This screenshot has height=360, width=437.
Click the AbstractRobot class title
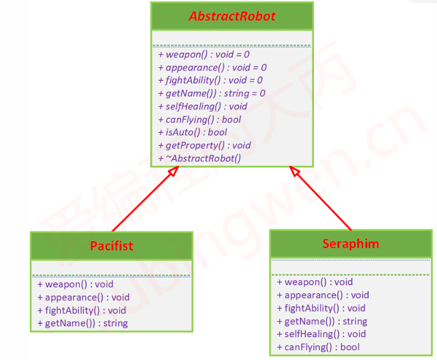232,16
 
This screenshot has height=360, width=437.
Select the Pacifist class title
111,246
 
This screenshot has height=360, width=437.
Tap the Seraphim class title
351,243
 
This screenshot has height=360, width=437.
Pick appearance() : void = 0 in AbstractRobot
213,67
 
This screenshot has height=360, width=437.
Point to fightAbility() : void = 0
210,80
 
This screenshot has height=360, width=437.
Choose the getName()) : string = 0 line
212,93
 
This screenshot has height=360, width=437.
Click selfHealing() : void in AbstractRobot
203,106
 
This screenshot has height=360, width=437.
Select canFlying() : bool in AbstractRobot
200,119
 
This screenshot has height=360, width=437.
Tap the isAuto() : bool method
192,132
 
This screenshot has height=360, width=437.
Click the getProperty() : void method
204,145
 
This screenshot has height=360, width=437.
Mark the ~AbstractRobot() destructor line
200,158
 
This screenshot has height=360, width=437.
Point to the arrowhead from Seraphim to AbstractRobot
294,171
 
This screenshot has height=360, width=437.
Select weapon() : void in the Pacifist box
75,284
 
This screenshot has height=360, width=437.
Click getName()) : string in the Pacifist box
82,323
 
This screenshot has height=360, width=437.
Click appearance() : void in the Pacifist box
83,297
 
